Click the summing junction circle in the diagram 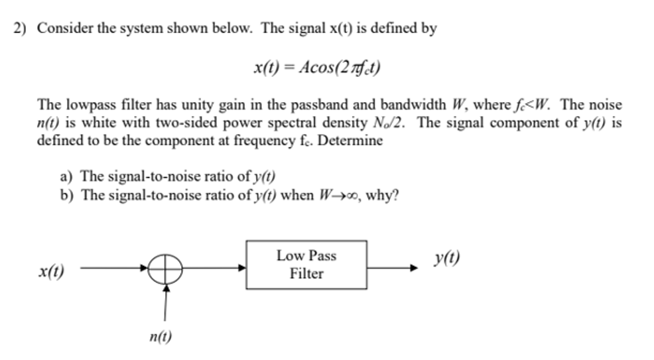point(165,270)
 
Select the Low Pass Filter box point(306,265)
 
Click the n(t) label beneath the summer point(160,337)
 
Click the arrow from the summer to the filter point(213,269)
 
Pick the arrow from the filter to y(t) point(391,269)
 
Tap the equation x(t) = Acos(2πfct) point(317,67)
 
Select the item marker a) point(66,176)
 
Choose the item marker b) point(66,197)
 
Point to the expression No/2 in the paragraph point(387,123)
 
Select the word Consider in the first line point(62,29)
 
